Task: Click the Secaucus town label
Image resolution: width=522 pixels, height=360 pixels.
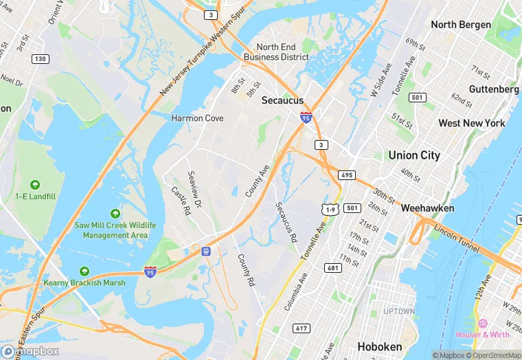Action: (x=282, y=100)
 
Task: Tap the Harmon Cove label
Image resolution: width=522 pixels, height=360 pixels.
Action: (x=197, y=118)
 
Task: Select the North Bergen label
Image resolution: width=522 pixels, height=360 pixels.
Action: (x=461, y=25)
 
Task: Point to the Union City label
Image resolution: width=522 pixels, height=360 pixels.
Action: (x=414, y=155)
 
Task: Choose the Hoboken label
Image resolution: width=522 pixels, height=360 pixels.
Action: (x=378, y=347)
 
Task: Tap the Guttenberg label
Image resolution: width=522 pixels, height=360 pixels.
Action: (x=494, y=89)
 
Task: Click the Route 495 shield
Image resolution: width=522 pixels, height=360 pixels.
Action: (x=347, y=175)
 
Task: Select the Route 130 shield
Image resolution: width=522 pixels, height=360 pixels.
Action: (x=41, y=59)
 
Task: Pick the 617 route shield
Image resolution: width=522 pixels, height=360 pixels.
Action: (x=301, y=328)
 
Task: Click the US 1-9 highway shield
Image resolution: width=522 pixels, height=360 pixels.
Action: (x=331, y=209)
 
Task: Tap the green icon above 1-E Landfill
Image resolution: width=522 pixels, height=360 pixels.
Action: (x=35, y=185)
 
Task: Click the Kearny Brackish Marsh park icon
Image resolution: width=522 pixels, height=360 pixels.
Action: (x=84, y=271)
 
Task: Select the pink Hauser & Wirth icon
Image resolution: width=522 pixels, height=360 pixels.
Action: (x=482, y=323)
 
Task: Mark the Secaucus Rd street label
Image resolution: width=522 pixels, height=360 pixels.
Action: (x=286, y=223)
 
